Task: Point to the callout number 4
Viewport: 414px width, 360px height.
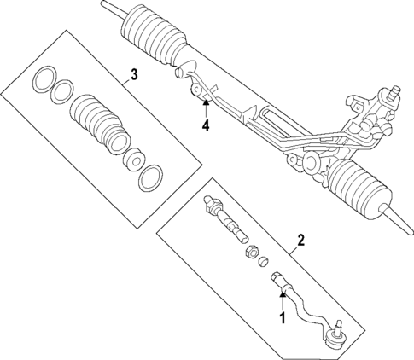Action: click(205, 126)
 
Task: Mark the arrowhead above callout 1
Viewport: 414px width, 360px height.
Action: click(280, 295)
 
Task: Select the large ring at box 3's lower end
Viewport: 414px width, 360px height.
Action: click(150, 177)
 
